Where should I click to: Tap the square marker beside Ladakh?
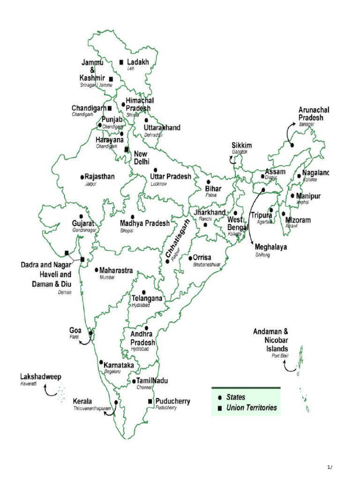click(121, 62)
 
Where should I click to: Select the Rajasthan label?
click(99, 177)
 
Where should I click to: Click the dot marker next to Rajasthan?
click(82, 177)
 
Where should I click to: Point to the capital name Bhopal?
click(127, 231)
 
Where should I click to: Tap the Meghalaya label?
click(271, 247)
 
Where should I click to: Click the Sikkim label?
click(242, 145)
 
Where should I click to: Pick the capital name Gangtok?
click(240, 152)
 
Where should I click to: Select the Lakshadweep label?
click(40, 377)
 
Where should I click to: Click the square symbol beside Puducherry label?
click(150, 401)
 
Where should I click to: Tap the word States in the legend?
click(236, 397)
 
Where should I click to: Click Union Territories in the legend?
click(252, 408)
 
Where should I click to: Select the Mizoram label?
click(298, 219)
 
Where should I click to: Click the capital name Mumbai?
click(107, 277)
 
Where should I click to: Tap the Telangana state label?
click(147, 298)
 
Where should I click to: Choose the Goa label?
click(76, 330)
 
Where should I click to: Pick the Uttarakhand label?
click(162, 127)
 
